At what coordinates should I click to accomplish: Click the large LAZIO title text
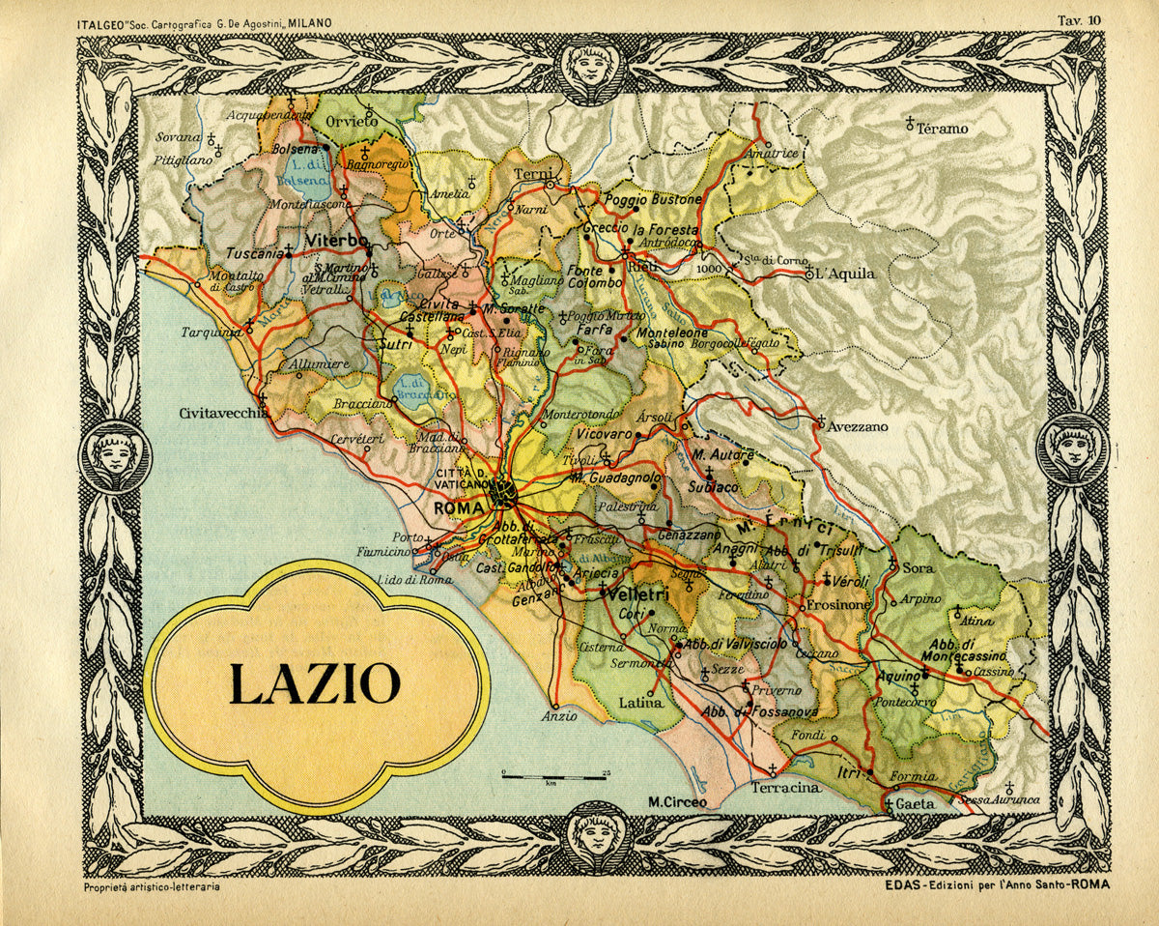tap(315, 683)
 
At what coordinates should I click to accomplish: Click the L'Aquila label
tap(847, 274)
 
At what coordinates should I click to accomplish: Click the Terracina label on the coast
tap(785, 788)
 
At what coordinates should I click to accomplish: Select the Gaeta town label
tap(916, 804)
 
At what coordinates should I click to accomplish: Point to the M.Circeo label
tap(677, 801)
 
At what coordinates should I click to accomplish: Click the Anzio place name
tap(559, 716)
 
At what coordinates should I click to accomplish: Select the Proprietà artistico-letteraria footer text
tap(145, 886)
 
